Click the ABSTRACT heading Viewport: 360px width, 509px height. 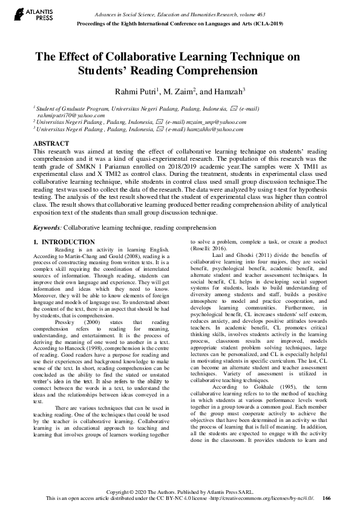51,143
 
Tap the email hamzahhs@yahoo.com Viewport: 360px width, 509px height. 217,129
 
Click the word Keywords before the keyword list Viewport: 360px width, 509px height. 47,228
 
